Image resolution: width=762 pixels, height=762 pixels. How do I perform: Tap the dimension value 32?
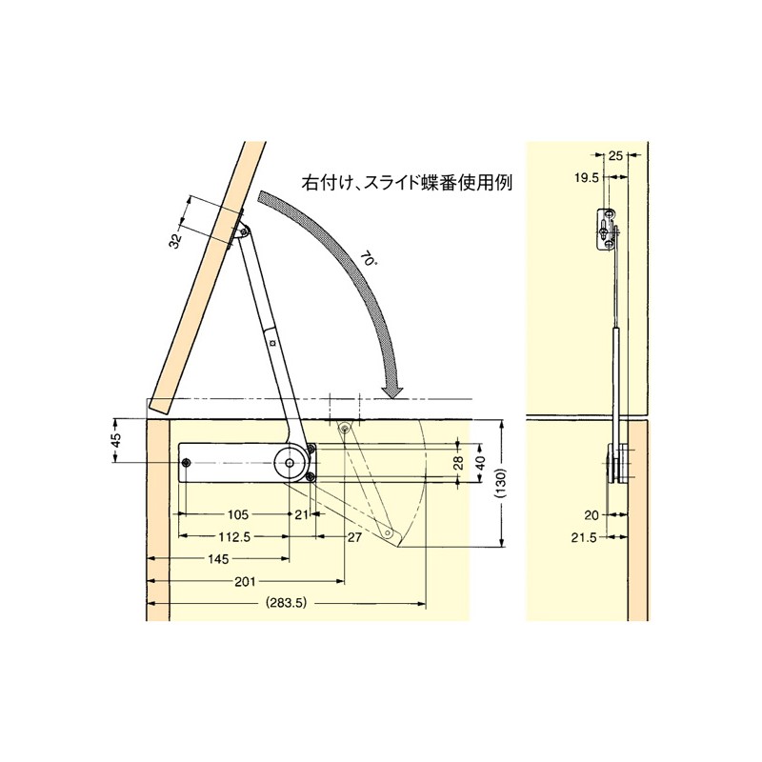[x=176, y=240]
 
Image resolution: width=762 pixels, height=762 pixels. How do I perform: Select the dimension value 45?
[x=116, y=441]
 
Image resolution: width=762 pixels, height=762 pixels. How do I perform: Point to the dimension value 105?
[x=237, y=514]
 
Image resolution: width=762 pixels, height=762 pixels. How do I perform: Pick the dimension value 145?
[x=218, y=559]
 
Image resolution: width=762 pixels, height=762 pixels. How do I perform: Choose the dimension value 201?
[x=245, y=581]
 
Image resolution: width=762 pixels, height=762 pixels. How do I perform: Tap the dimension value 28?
[x=458, y=463]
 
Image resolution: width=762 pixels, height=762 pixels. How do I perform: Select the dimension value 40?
[x=481, y=463]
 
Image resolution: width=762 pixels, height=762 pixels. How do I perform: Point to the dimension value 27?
[x=354, y=537]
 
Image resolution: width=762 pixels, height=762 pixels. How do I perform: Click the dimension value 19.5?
[x=586, y=178]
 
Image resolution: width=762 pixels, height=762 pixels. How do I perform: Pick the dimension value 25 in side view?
[x=615, y=155]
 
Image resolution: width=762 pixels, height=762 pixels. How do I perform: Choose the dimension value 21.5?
[x=584, y=538]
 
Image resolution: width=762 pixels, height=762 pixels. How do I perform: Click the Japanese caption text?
[x=407, y=184]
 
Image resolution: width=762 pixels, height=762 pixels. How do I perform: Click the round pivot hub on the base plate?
[x=290, y=462]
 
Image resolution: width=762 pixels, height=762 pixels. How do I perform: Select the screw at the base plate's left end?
[x=186, y=463]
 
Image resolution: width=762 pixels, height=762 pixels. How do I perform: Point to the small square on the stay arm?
[x=272, y=343]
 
